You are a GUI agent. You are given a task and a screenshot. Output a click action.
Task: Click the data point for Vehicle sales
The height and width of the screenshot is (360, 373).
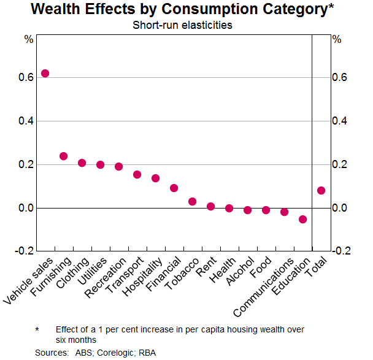point(45,74)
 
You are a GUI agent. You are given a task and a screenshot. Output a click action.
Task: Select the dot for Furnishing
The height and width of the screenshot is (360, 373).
point(63,156)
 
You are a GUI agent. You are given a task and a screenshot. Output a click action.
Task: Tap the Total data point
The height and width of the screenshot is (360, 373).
point(321,190)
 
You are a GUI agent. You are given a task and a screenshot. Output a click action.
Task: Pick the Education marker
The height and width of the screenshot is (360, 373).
point(302,219)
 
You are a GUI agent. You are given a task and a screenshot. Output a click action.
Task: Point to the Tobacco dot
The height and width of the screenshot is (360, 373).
point(192,201)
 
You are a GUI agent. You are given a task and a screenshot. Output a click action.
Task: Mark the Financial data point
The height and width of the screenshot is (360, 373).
point(174,188)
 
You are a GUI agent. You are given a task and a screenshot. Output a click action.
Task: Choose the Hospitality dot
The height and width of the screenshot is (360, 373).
point(155,178)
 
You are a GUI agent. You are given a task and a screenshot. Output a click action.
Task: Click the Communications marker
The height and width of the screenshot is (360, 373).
point(284,212)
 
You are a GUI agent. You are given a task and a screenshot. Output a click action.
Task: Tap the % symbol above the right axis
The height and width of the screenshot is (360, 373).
point(336,39)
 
